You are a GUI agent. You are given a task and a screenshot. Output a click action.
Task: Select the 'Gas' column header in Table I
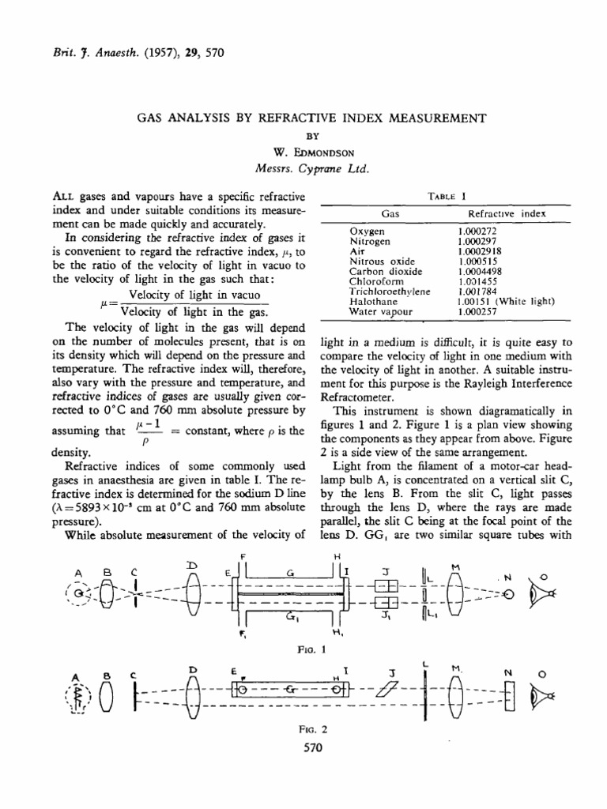(390, 213)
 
